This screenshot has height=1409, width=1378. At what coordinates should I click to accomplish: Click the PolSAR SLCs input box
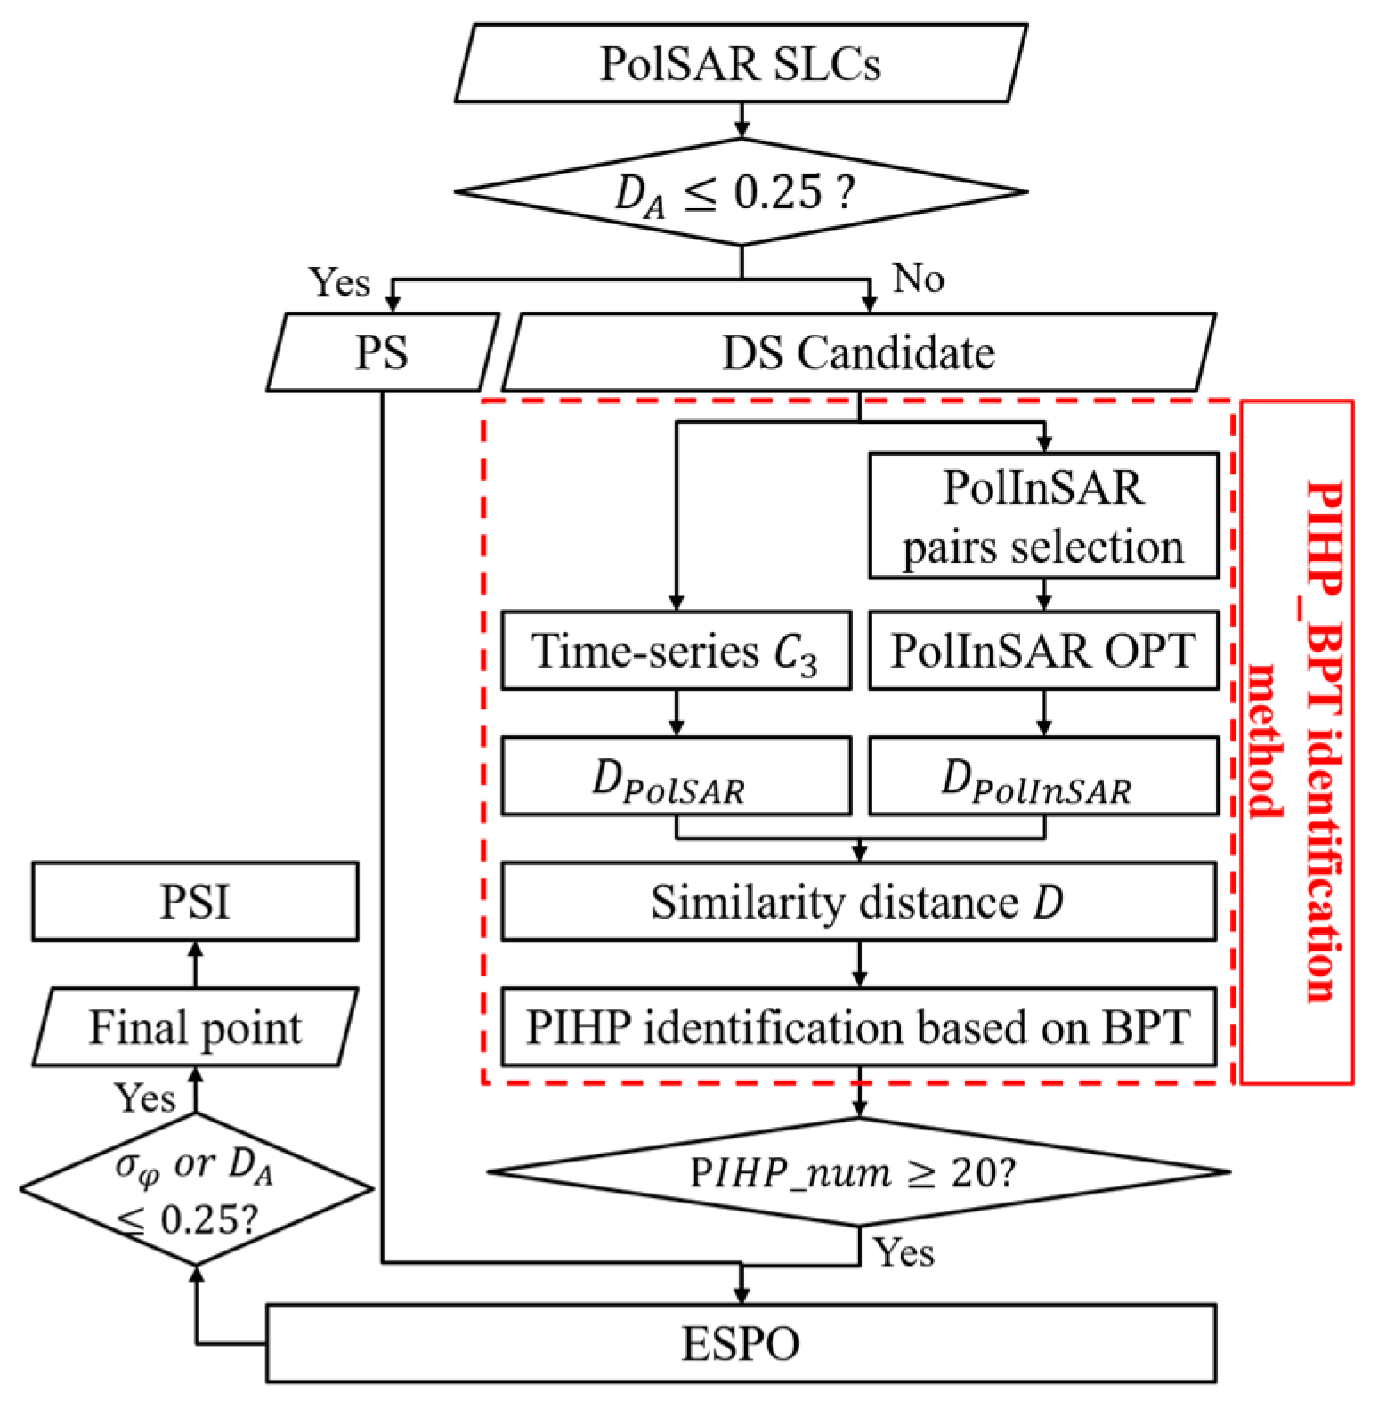[741, 64]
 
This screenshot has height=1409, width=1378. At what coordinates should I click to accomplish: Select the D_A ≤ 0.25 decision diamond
[741, 191]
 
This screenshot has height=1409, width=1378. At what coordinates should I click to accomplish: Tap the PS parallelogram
[382, 352]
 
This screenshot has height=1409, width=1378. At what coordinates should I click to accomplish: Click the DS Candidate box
[857, 352]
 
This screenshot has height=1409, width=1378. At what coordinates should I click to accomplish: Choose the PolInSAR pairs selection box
[1043, 516]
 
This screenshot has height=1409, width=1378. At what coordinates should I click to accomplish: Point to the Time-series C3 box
[676, 651]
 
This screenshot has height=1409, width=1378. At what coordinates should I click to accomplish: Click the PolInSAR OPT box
[1043, 651]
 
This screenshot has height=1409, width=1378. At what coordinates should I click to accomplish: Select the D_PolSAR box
[676, 776]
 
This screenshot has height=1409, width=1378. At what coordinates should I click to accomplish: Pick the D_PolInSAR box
[1043, 776]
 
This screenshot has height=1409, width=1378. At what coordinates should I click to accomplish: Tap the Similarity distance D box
[858, 902]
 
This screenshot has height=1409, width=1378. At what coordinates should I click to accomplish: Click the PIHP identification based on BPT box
[858, 1027]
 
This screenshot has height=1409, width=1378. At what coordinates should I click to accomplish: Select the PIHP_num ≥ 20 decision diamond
[858, 1173]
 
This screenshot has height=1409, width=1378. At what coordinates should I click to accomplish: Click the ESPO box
[741, 1343]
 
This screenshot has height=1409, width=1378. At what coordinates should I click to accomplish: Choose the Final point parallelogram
[196, 1027]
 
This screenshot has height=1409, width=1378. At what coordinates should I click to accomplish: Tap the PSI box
[196, 902]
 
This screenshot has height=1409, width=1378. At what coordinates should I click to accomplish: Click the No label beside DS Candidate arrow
[918, 279]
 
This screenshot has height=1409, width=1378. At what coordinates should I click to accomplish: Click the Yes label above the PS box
[338, 283]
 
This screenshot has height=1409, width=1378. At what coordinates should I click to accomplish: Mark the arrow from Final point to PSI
[196, 964]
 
